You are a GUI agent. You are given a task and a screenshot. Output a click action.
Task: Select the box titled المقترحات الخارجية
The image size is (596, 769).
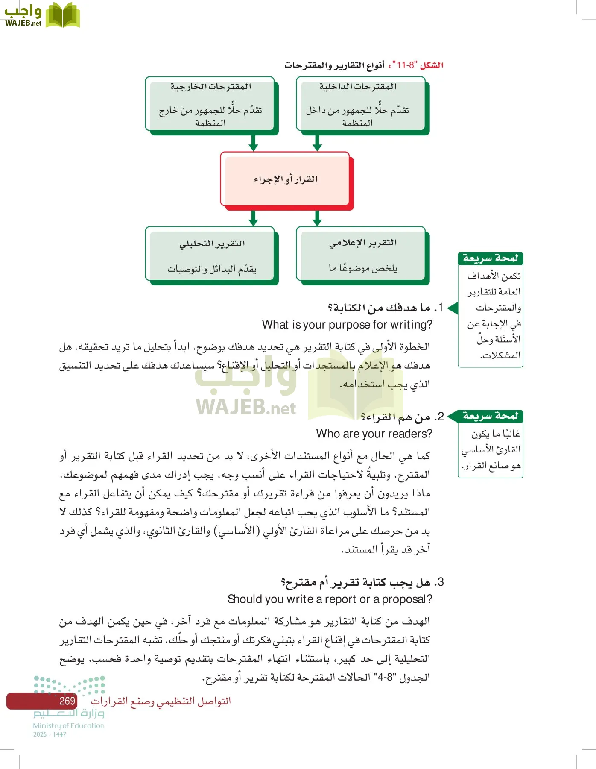(210, 104)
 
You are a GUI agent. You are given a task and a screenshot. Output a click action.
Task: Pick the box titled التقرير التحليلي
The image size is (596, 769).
(210, 255)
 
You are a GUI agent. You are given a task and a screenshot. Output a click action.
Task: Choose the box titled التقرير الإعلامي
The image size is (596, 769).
(361, 255)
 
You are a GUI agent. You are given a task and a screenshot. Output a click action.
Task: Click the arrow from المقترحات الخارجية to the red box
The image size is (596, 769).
(253, 143)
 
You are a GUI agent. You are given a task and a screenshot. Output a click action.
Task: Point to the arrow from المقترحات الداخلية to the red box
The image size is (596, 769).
(317, 143)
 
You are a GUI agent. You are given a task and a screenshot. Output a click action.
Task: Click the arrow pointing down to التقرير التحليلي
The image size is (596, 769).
(253, 218)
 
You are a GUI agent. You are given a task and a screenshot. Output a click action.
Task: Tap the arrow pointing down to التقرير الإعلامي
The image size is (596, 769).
(317, 218)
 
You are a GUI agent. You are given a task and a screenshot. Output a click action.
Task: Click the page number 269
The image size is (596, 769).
(67, 701)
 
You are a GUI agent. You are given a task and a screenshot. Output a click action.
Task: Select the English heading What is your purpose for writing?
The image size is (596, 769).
(347, 325)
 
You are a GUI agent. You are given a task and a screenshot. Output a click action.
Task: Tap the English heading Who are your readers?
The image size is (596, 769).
(374, 434)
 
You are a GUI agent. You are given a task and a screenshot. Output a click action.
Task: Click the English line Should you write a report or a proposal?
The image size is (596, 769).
(330, 599)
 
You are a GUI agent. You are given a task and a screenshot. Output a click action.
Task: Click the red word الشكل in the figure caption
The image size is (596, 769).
(432, 65)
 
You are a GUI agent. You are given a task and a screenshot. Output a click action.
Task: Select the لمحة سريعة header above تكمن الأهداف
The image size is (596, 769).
(490, 258)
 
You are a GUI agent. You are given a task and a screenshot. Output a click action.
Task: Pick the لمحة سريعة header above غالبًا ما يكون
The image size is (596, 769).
(490, 416)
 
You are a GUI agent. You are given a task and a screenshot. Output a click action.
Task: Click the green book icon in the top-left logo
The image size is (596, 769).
(62, 16)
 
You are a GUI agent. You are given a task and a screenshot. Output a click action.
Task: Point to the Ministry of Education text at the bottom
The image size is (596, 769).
(69, 725)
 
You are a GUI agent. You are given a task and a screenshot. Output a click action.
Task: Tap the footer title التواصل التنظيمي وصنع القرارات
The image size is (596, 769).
(161, 701)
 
